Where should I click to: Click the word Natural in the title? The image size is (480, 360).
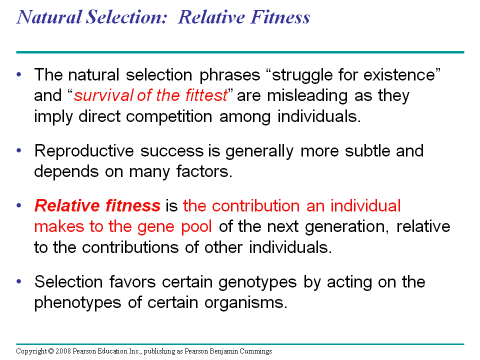pos(49,17)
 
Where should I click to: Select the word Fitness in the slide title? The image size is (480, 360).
pos(280,17)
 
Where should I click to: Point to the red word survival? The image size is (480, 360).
pos(103,95)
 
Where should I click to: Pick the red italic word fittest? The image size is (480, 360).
pos(206,95)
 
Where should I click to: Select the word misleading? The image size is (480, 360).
pos(307,96)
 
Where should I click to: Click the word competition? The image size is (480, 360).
pos(169,117)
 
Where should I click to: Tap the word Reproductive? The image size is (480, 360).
pos(84,151)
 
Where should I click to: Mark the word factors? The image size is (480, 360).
pos(204,171)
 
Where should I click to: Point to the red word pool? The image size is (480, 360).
pos(196,227)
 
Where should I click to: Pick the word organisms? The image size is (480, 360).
pos(246,303)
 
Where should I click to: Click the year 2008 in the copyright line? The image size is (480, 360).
pos(63,351)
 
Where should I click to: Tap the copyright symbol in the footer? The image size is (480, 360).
pos(51,351)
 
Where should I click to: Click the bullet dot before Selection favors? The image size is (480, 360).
pos(19,281)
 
